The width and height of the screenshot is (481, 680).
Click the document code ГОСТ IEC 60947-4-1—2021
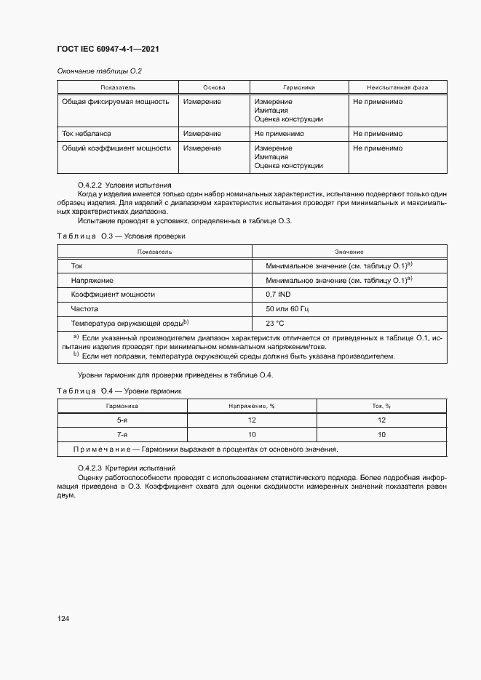point(108,49)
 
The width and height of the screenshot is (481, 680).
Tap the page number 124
point(63,619)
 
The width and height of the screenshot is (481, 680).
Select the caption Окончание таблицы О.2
point(99,71)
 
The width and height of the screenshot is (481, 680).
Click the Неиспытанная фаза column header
point(397,87)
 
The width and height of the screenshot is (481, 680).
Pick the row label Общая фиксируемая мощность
point(116,102)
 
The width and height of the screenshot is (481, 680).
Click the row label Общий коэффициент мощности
point(116,148)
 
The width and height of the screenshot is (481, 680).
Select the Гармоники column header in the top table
point(298,87)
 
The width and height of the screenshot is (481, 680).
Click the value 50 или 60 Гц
point(287,309)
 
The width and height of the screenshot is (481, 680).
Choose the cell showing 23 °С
point(275,323)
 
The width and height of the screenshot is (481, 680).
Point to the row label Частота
point(84,309)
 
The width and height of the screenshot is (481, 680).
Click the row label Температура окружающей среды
point(130,323)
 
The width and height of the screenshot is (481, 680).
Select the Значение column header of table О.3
point(349,251)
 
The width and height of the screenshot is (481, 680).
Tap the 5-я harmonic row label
point(122,420)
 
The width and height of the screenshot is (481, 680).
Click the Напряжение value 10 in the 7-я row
point(252,434)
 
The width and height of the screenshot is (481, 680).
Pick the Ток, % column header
point(382,406)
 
